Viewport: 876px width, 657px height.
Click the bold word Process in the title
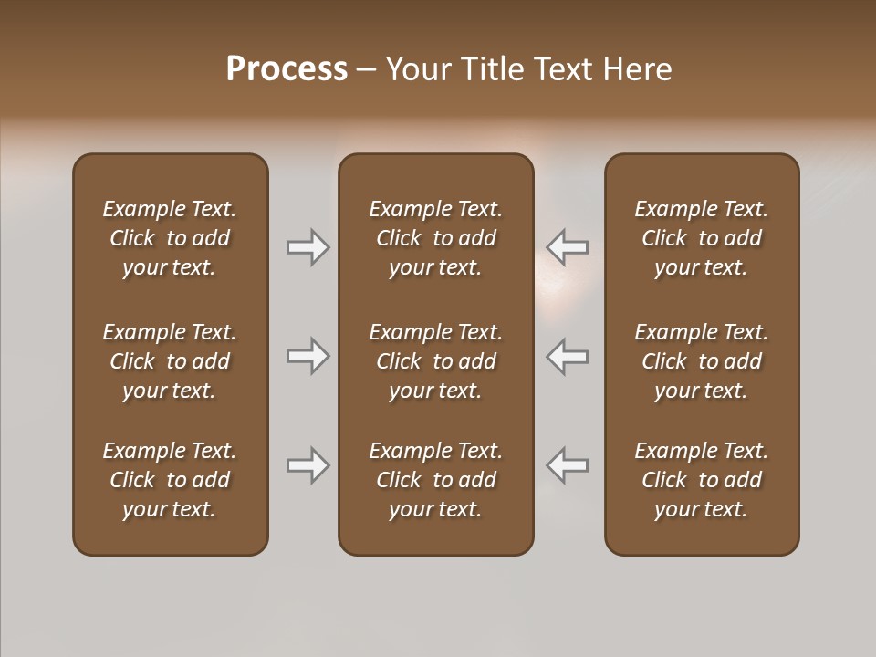(287, 69)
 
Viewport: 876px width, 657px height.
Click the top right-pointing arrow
(308, 247)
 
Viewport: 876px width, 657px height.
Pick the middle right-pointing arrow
(308, 356)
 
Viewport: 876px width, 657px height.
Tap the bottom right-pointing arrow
(308, 465)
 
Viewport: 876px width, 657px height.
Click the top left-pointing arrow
(568, 247)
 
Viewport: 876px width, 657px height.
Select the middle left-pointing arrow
(568, 356)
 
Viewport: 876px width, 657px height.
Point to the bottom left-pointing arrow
(568, 465)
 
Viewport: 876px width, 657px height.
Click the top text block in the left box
(170, 238)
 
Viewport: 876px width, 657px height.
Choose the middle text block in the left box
(170, 361)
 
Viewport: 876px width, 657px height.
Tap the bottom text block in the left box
(170, 480)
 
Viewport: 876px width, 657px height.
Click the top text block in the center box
(435, 238)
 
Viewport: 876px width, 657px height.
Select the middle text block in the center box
(435, 361)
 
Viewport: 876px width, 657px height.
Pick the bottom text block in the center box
(435, 480)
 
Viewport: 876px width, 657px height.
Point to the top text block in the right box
(702, 238)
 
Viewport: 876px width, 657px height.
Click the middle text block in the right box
(702, 361)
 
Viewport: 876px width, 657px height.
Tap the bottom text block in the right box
(702, 480)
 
